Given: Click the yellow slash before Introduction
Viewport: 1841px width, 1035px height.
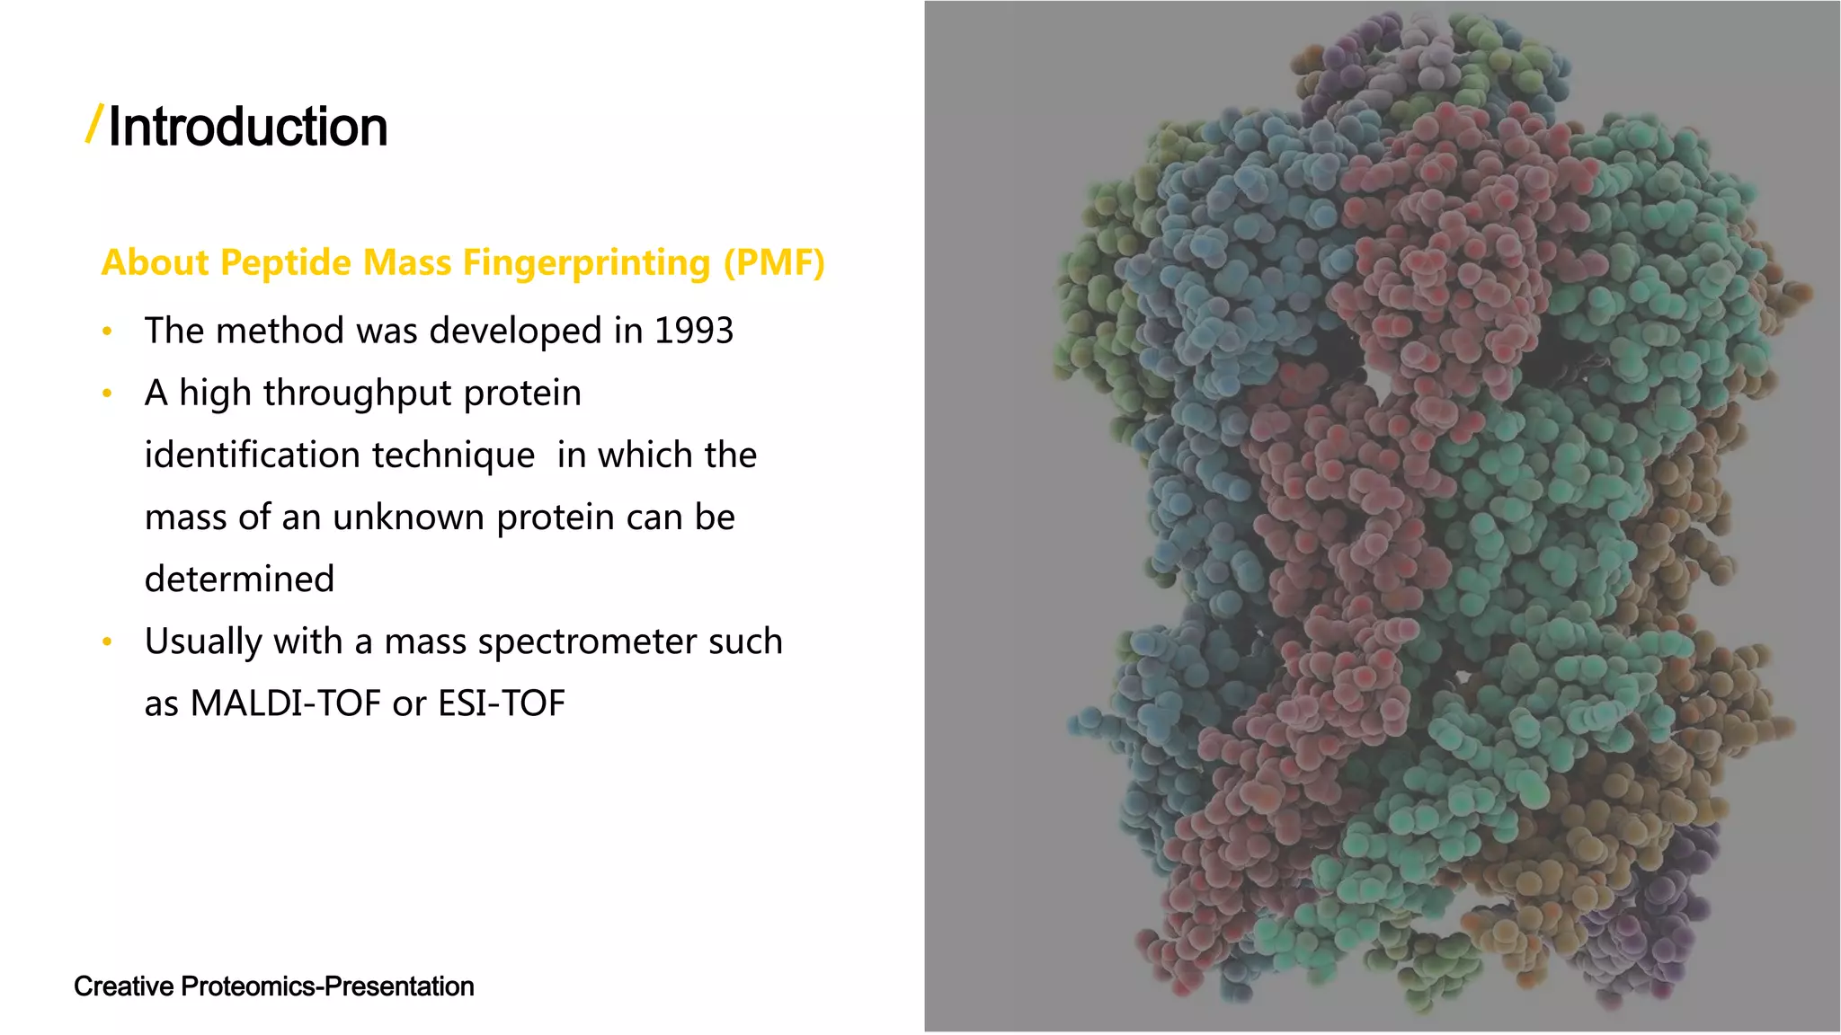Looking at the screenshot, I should tap(94, 124).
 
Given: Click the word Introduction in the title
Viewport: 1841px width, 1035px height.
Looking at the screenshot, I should tap(248, 127).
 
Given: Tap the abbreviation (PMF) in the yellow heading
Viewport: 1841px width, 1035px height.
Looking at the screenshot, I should tap(774, 262).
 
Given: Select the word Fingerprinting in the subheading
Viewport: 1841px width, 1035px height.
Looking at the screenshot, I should tap(586, 262).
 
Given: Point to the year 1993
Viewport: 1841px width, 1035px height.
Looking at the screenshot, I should tap(693, 331).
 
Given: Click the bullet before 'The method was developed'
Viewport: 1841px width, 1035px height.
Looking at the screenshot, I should tap(107, 332).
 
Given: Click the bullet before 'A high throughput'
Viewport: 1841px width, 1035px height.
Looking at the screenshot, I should tap(107, 394).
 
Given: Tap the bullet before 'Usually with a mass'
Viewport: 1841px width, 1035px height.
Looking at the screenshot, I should tap(107, 641).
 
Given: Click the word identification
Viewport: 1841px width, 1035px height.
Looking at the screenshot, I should tap(250, 455).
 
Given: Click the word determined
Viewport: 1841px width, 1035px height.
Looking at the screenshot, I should tap(239, 579).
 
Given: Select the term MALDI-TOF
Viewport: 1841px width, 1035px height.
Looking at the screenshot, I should tap(286, 703).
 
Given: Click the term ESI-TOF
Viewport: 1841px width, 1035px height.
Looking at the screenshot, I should tap(501, 703).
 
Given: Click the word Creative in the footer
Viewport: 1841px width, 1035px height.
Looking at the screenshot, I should tap(123, 986).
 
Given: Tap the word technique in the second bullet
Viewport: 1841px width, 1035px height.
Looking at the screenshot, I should tap(453, 455).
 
